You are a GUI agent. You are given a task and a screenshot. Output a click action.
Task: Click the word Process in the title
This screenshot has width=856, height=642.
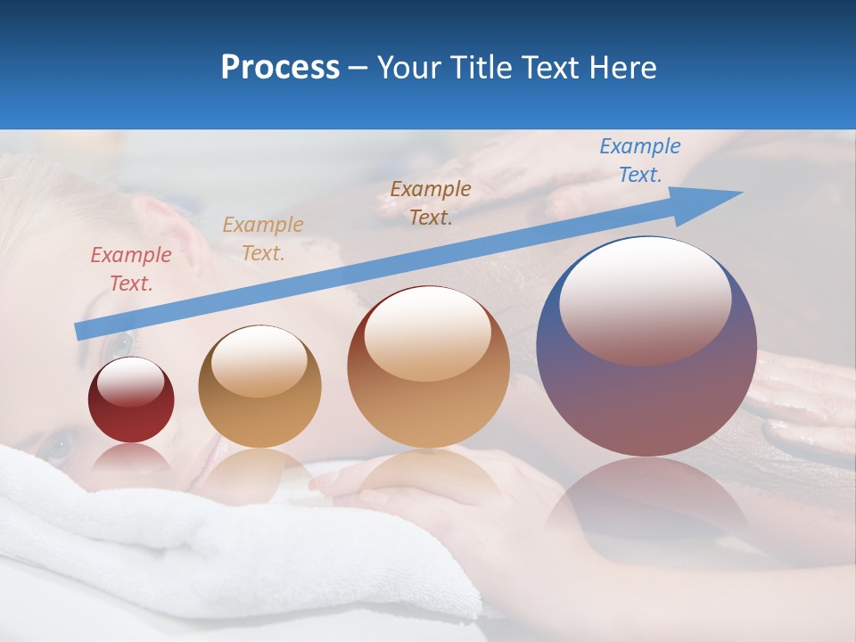(280, 68)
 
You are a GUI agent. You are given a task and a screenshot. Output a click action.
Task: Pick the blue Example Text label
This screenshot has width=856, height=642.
(639, 160)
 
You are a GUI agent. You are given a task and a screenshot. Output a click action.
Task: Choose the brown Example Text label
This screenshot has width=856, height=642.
(431, 202)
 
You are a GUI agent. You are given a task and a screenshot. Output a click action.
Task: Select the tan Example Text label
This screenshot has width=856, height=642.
(263, 239)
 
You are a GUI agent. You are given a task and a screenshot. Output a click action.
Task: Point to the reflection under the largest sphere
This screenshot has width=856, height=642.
(646, 504)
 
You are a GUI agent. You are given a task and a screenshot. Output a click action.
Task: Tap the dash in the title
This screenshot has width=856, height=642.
(358, 68)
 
